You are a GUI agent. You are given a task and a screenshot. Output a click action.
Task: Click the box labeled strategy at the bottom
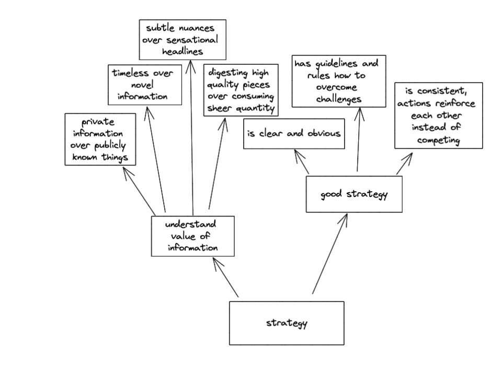[x=287, y=323]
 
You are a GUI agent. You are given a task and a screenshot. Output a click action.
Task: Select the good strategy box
[x=354, y=194]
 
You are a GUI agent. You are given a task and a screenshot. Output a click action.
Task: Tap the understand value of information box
[x=192, y=236]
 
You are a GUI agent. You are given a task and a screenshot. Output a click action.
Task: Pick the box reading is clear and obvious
[x=294, y=133]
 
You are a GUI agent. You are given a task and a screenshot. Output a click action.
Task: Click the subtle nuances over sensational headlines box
[x=182, y=39]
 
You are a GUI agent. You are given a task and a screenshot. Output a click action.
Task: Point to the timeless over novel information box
[x=144, y=85]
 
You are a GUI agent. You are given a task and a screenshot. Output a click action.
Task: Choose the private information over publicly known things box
[x=100, y=140]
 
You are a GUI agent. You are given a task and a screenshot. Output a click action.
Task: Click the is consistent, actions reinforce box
[x=438, y=116]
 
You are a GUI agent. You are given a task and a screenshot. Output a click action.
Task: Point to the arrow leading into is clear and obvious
[x=302, y=162]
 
